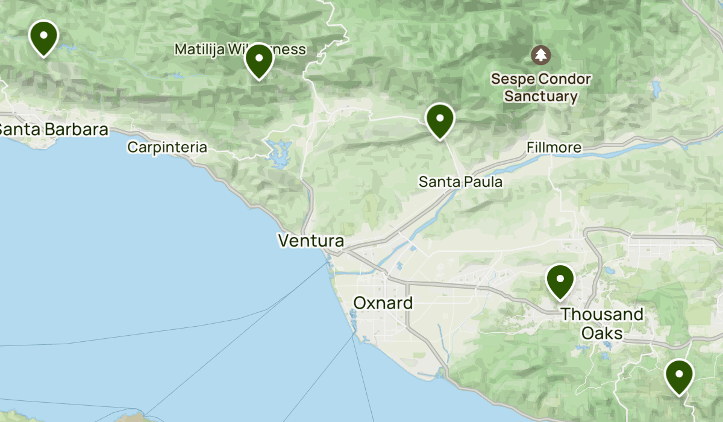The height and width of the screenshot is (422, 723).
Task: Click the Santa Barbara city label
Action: point(53,129)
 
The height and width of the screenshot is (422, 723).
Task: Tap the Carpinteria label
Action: point(167,147)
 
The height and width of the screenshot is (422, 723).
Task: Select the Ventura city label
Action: point(311,241)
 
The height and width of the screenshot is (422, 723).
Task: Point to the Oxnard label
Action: point(383,303)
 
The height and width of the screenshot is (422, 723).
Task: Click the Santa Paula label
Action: point(460,181)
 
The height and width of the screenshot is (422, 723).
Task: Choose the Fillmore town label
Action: point(554,147)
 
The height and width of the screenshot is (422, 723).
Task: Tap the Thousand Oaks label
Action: point(602,324)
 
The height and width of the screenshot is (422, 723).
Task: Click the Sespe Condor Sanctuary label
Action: point(540,87)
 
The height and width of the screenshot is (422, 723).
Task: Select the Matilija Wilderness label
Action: point(240,49)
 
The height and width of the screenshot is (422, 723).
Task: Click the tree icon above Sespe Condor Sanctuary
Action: point(540,55)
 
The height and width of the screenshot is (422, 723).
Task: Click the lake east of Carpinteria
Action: point(278,154)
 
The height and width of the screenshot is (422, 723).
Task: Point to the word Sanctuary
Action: point(540,96)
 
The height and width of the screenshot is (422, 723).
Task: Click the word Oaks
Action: point(602,333)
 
